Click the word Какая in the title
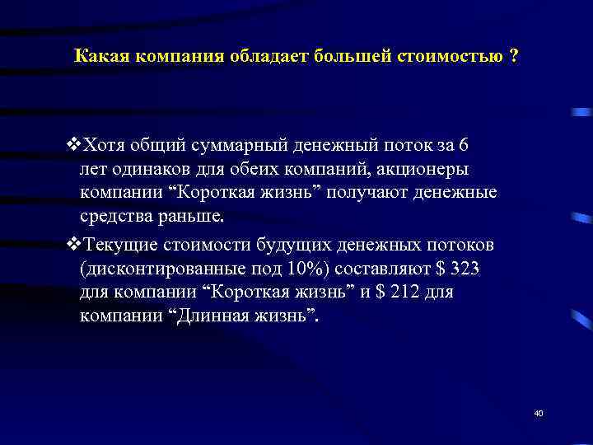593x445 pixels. click(97, 57)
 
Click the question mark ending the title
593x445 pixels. click(515, 57)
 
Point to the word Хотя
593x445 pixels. click(105, 146)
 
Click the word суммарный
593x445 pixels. click(232, 146)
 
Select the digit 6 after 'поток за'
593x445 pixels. click(465, 146)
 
